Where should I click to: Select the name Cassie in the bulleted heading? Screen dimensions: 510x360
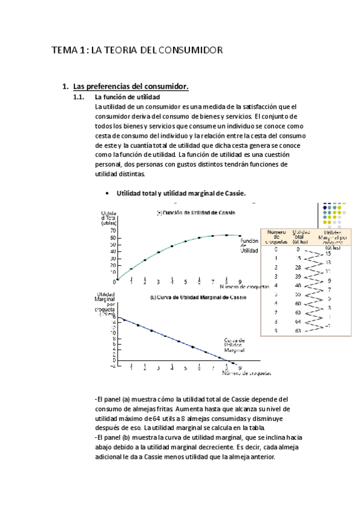coord(233,193)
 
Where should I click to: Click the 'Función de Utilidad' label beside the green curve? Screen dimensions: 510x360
coord(249,245)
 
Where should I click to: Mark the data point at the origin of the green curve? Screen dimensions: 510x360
coord(118,280)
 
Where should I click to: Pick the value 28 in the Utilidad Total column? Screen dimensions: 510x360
coord(297,267)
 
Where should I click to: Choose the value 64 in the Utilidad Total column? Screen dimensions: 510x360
coord(297,322)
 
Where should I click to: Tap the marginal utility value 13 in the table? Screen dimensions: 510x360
coord(328,262)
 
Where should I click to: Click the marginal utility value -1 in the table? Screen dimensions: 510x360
coord(328,326)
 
